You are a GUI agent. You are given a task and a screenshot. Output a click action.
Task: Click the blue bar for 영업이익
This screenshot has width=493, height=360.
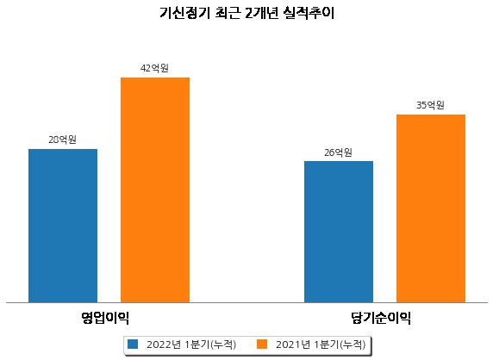click(x=63, y=226)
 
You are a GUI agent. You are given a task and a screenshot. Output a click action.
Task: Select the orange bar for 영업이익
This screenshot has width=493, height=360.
click(x=155, y=190)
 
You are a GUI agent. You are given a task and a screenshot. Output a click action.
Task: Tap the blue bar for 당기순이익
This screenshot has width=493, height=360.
click(x=339, y=232)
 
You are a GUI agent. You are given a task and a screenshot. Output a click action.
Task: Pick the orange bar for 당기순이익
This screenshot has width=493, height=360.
click(x=431, y=208)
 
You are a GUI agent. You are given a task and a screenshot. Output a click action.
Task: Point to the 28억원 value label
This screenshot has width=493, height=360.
click(x=63, y=140)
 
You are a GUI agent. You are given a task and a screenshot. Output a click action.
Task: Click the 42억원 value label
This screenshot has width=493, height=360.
click(x=154, y=68)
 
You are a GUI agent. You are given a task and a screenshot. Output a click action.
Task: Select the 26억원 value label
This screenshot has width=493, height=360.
click(x=339, y=152)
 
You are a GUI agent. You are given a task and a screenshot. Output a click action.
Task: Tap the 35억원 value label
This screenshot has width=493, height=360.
click(x=430, y=105)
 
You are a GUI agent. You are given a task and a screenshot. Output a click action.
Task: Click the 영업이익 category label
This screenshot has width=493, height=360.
click(x=105, y=318)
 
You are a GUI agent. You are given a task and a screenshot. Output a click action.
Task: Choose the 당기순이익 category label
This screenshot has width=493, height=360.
click(x=381, y=318)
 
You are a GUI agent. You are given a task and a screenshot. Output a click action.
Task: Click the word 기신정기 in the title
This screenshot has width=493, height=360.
click(x=184, y=13)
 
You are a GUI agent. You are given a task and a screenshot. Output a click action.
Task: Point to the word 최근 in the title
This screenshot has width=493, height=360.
click(x=228, y=13)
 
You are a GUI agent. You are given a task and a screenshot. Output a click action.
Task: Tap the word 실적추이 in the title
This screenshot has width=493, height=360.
click(x=309, y=13)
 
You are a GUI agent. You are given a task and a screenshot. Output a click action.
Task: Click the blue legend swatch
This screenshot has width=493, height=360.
click(x=133, y=344)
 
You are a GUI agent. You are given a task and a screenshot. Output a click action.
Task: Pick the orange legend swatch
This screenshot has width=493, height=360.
click(x=262, y=344)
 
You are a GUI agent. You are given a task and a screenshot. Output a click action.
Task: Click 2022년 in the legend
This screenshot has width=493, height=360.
click(x=164, y=344)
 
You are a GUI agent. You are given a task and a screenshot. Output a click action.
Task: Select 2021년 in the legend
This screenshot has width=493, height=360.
click(x=293, y=344)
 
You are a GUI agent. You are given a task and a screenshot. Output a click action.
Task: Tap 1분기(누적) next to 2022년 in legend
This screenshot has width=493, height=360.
click(x=210, y=344)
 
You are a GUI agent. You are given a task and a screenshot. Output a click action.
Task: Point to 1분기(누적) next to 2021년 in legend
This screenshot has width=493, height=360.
click(x=340, y=344)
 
